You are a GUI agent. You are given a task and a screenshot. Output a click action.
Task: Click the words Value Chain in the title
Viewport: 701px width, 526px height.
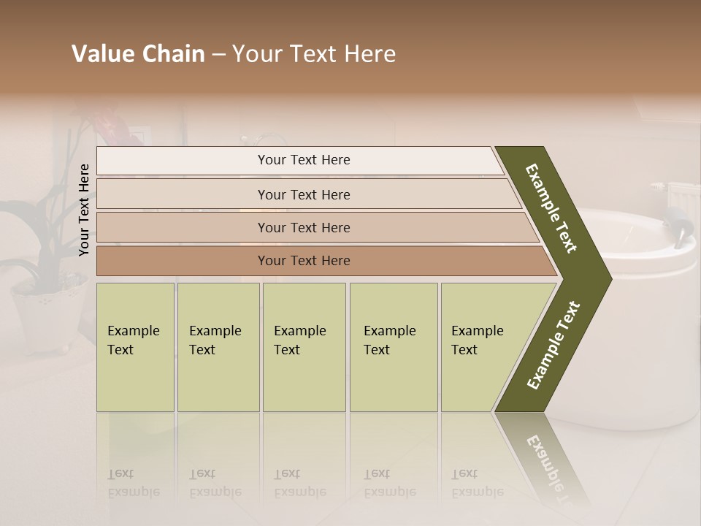coord(138,54)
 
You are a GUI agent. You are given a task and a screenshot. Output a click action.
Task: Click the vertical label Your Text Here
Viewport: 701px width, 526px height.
coord(85,210)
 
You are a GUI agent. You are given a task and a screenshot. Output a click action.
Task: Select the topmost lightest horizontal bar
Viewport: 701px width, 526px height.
coord(183,161)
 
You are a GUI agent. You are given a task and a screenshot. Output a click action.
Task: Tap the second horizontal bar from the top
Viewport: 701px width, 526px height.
coord(183,194)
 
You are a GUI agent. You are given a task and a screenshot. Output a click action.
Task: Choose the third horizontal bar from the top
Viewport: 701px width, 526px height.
coord(183,227)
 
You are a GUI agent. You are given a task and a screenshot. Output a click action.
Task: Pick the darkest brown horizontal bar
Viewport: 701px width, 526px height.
coord(183,261)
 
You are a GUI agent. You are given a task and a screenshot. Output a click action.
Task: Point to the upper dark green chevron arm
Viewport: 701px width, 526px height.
coord(552,208)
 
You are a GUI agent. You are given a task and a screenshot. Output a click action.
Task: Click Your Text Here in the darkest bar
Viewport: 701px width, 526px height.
coord(304,261)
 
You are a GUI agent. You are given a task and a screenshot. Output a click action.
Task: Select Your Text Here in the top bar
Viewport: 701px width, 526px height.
coord(304,160)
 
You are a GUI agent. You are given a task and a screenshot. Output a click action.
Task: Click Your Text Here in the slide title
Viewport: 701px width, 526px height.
coord(314,54)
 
